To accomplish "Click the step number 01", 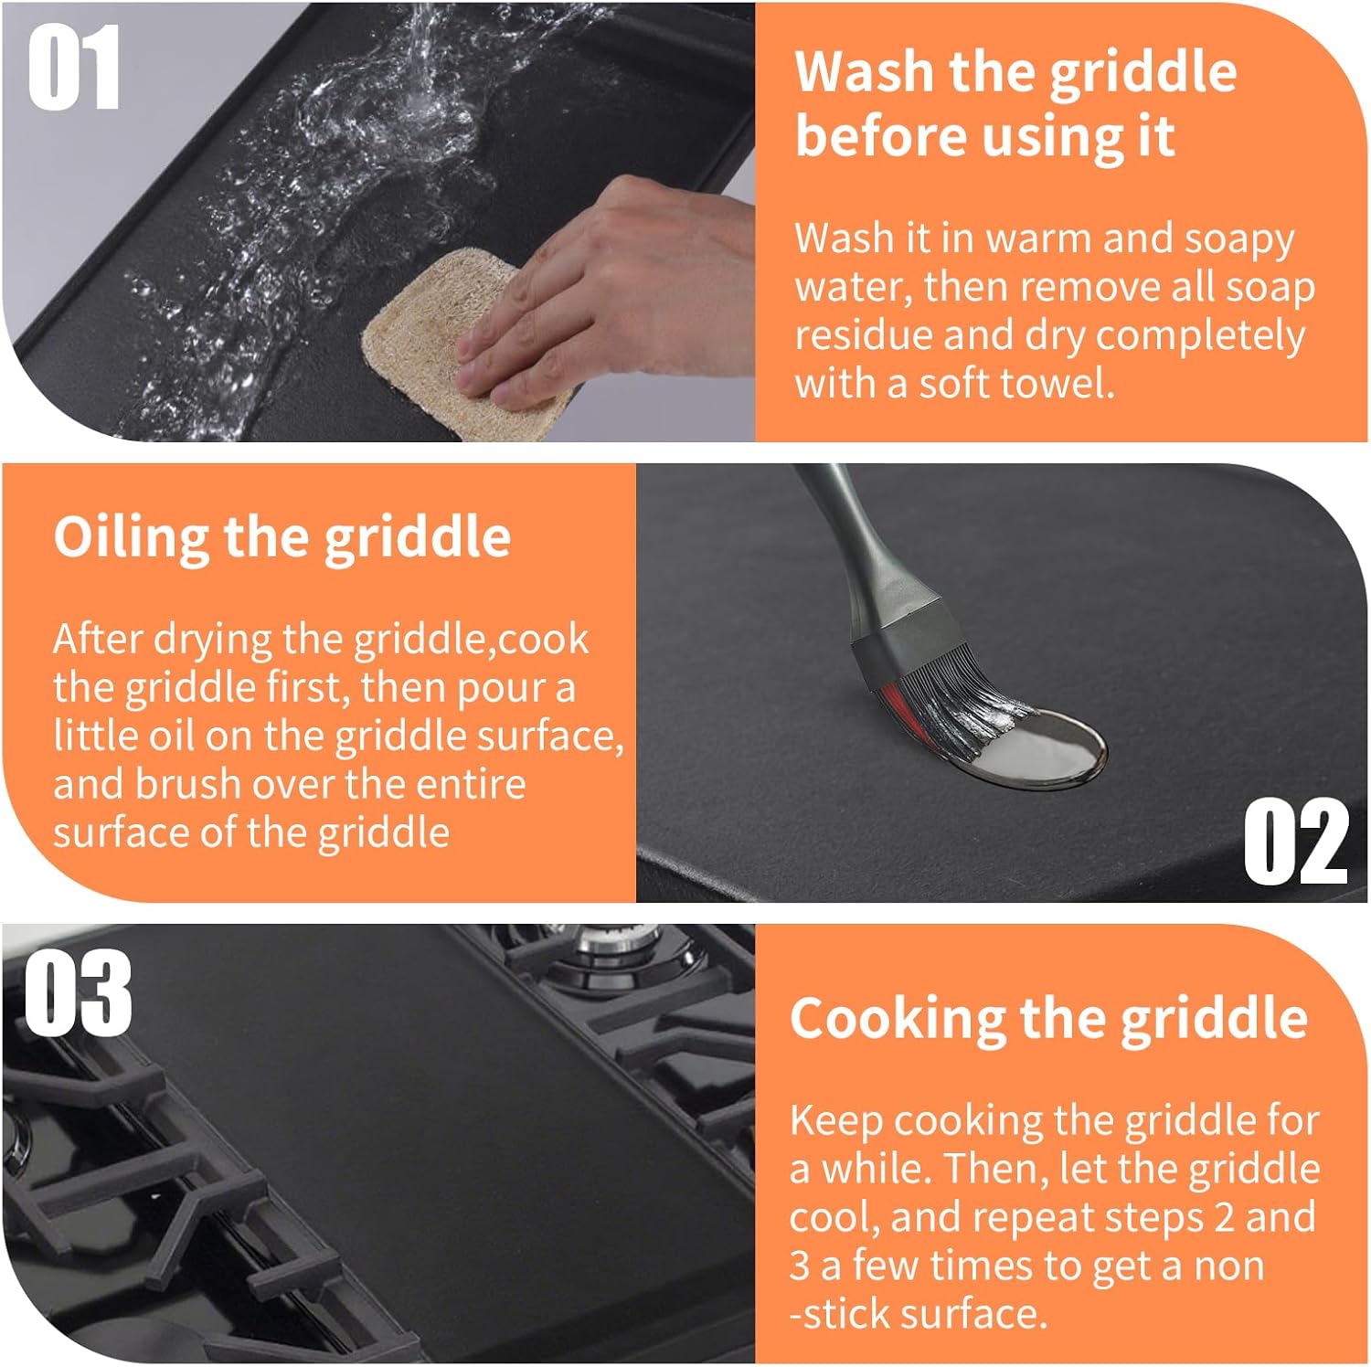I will (73, 68).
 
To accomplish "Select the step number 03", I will (77, 995).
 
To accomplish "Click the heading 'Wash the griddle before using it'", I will (1015, 103).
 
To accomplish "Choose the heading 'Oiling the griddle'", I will (282, 537).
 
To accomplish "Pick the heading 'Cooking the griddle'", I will (1048, 1018).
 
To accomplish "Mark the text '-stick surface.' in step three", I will (918, 1314).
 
